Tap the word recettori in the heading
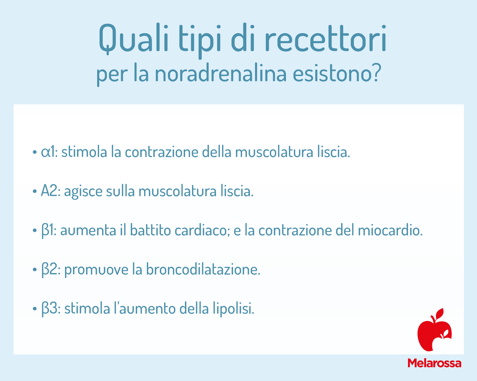(326, 38)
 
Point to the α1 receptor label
(48, 152)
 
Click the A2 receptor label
(49, 191)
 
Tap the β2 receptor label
(49, 270)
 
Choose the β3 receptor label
(49, 309)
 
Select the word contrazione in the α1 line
(162, 152)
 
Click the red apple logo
(434, 330)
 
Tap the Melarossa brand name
(434, 363)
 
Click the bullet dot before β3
(35, 309)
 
